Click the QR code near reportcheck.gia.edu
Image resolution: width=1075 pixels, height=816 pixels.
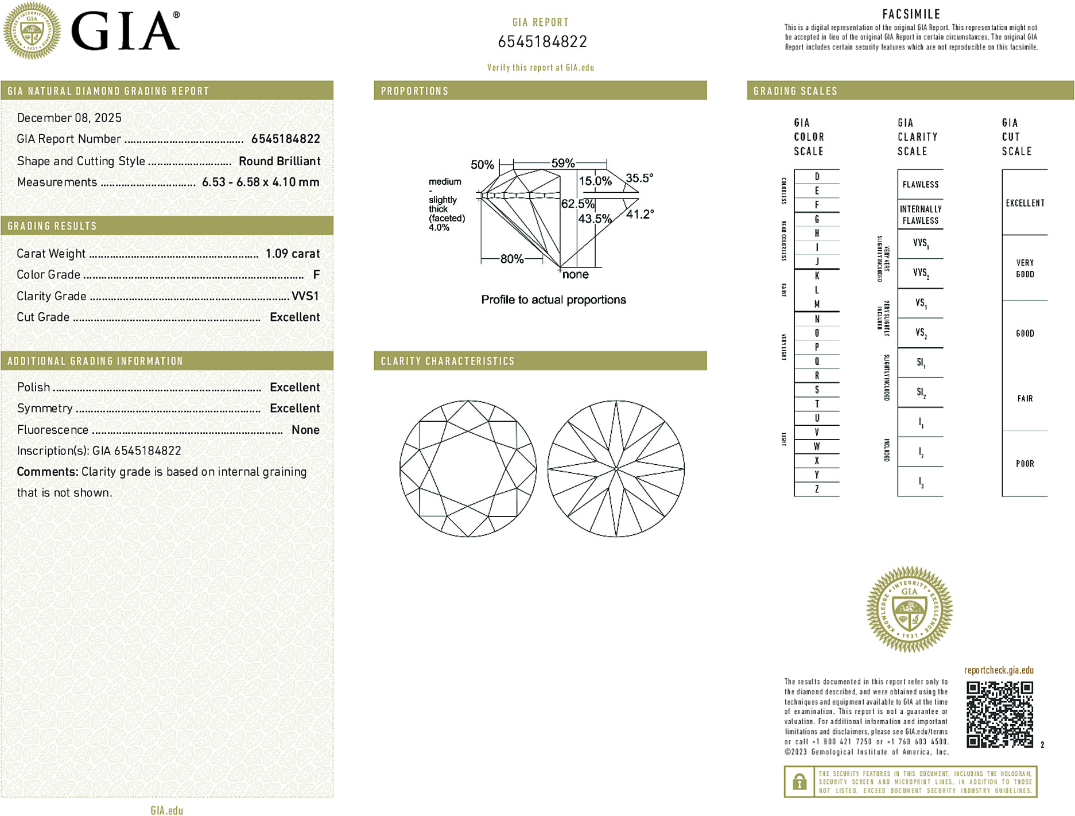[999, 714]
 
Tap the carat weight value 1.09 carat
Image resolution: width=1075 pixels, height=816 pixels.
[292, 254]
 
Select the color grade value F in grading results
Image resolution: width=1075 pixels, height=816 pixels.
[316, 275]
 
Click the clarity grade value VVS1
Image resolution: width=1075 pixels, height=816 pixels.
[305, 296]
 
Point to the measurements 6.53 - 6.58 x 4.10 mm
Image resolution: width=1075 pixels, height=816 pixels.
[261, 182]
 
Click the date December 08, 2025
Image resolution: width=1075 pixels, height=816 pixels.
[69, 118]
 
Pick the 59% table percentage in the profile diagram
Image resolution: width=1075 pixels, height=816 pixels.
[562, 164]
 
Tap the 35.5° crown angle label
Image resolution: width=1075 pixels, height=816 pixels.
[639, 178]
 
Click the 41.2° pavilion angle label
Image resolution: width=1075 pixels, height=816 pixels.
[640, 215]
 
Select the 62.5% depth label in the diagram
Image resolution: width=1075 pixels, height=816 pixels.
[577, 204]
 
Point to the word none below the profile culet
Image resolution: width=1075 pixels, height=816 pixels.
[576, 275]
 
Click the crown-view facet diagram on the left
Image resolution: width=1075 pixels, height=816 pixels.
[468, 469]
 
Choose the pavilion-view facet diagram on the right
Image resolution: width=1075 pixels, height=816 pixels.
[616, 469]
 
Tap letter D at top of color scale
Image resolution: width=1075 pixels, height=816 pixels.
[817, 177]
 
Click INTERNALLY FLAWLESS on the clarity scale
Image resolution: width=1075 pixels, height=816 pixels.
[920, 215]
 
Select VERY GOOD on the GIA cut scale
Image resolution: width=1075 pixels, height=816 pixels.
[1024, 269]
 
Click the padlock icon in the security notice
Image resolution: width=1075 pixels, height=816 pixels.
[800, 782]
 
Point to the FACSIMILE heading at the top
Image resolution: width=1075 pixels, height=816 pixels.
[911, 14]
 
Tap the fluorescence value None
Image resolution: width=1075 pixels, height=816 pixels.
[305, 430]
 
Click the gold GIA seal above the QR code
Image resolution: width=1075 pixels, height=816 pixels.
[909, 609]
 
